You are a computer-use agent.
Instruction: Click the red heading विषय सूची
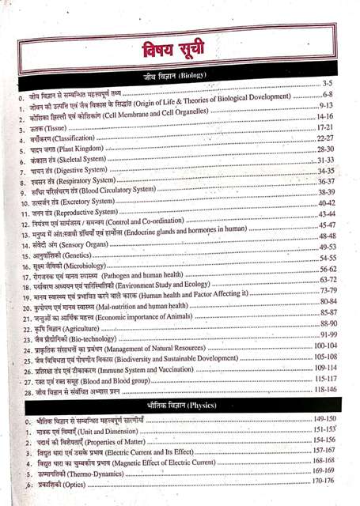pos(180,49)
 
